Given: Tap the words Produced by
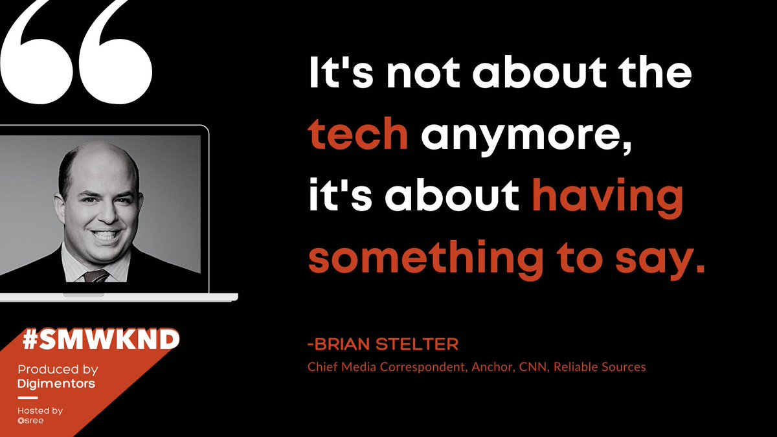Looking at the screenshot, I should (x=58, y=370).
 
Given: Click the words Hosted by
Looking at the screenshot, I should (x=40, y=410).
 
